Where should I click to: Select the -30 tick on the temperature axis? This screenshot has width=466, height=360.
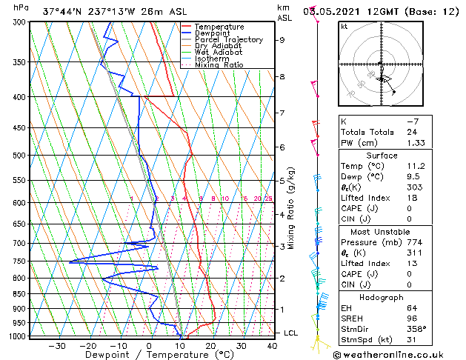click(x=57, y=346)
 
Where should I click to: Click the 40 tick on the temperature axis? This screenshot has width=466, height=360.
click(x=273, y=346)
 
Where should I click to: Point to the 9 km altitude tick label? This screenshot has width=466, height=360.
click(x=282, y=40)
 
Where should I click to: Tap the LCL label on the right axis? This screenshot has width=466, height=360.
click(x=290, y=333)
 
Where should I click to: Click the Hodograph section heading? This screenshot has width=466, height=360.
click(x=383, y=297)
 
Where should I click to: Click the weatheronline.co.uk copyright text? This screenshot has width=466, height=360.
click(x=397, y=354)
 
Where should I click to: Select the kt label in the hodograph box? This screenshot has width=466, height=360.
click(x=344, y=27)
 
